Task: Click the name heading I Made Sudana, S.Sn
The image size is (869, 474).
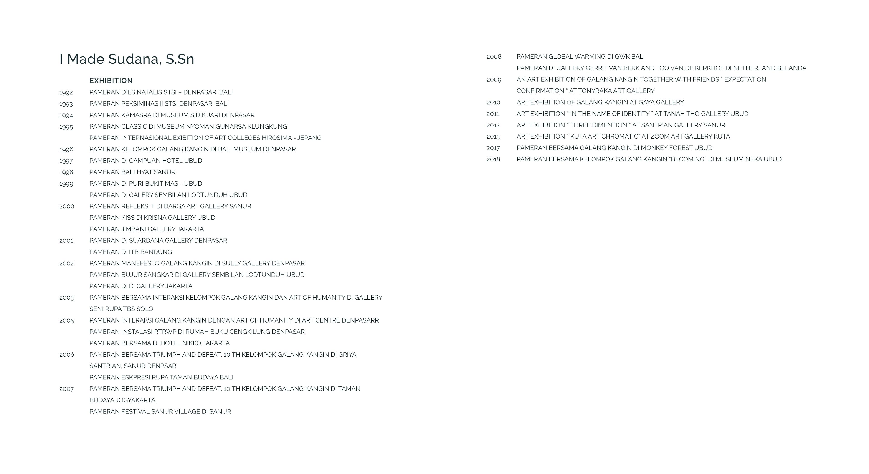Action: pos(127,59)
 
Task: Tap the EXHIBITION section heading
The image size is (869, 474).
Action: pos(111,81)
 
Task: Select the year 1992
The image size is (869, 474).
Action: pos(66,92)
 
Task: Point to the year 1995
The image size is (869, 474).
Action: pos(66,127)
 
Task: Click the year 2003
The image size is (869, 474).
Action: pos(66,298)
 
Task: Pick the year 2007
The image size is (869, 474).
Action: pos(66,389)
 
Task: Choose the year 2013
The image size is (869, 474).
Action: pos(493,136)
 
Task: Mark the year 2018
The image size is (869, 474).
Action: pos(493,159)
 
